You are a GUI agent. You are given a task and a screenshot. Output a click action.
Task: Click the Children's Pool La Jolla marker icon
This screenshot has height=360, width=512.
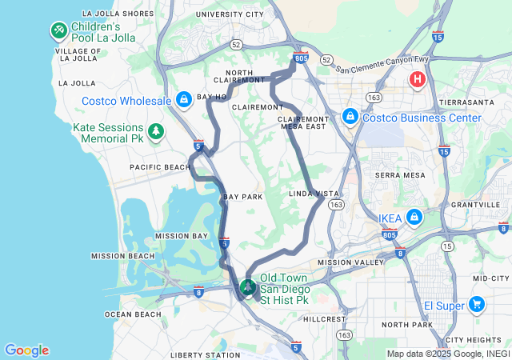pyautogui.click(x=58, y=30)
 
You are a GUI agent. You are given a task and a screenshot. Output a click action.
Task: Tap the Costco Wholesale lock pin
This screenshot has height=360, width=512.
pyautogui.click(x=184, y=99)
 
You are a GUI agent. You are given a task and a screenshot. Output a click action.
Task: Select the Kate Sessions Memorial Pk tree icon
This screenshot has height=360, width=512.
pyautogui.click(x=156, y=130)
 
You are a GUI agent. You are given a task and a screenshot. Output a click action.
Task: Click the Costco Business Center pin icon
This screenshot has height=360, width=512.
pyautogui.click(x=350, y=117)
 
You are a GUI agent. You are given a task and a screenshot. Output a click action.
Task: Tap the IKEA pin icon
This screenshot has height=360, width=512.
pyautogui.click(x=414, y=217)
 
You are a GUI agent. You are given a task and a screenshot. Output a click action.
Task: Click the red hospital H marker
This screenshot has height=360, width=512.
pyautogui.click(x=417, y=79)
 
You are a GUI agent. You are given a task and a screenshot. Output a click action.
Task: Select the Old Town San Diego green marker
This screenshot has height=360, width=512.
pyautogui.click(x=248, y=286)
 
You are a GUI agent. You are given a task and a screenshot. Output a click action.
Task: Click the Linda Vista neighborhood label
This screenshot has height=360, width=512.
pyautogui.click(x=314, y=194)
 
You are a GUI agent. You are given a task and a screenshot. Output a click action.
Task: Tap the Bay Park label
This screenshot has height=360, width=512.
pyautogui.click(x=243, y=197)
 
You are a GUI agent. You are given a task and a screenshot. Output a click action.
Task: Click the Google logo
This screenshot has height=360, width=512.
pyautogui.click(x=26, y=350)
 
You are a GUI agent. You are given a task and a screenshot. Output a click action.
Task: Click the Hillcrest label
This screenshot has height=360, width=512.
pyautogui.click(x=325, y=318)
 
